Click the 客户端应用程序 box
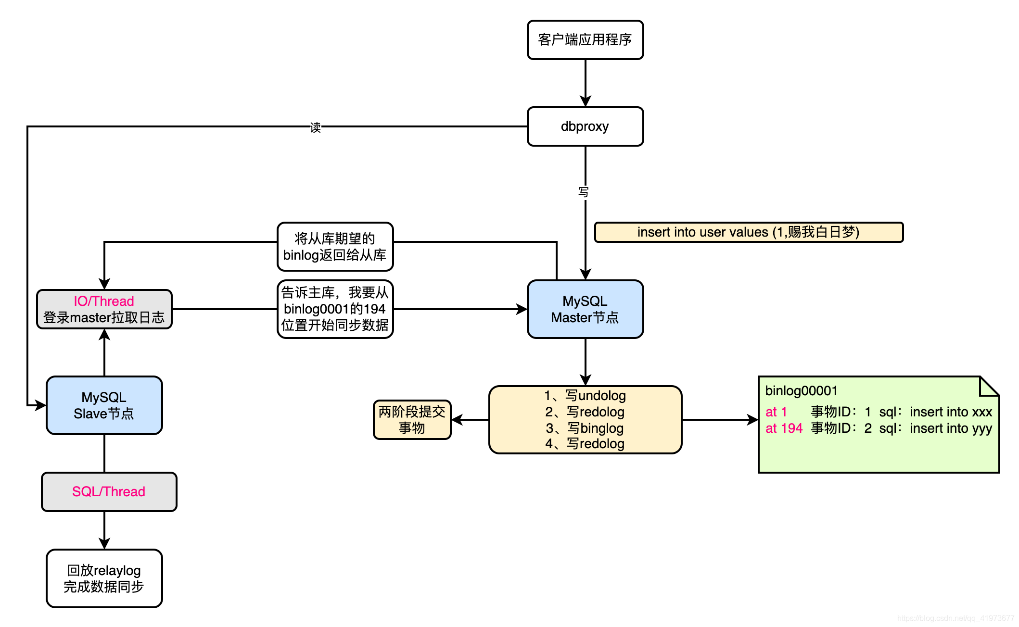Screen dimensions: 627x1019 [x=585, y=40]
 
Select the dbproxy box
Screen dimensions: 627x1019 [x=585, y=126]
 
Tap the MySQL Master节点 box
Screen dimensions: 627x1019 [x=585, y=309]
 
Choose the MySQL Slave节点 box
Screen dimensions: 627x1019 [x=104, y=405]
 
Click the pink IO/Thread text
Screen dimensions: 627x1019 [x=104, y=301]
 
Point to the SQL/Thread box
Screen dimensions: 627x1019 [x=109, y=491]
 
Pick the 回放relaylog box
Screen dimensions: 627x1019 [x=104, y=578]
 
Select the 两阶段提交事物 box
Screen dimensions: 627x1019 [x=412, y=420]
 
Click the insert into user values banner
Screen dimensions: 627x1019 [x=749, y=232]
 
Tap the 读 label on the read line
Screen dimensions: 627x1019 [x=316, y=127]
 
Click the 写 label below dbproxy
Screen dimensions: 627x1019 [x=584, y=192]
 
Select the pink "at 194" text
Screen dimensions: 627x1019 [x=784, y=428]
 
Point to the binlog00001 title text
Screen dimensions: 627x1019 [x=802, y=391]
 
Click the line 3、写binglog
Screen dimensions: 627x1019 [x=585, y=428]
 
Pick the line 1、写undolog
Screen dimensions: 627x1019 [x=585, y=396]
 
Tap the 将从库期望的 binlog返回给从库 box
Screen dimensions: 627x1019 [x=335, y=247]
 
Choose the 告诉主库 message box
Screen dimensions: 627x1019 [x=335, y=309]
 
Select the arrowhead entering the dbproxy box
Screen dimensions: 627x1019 [x=585, y=101]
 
